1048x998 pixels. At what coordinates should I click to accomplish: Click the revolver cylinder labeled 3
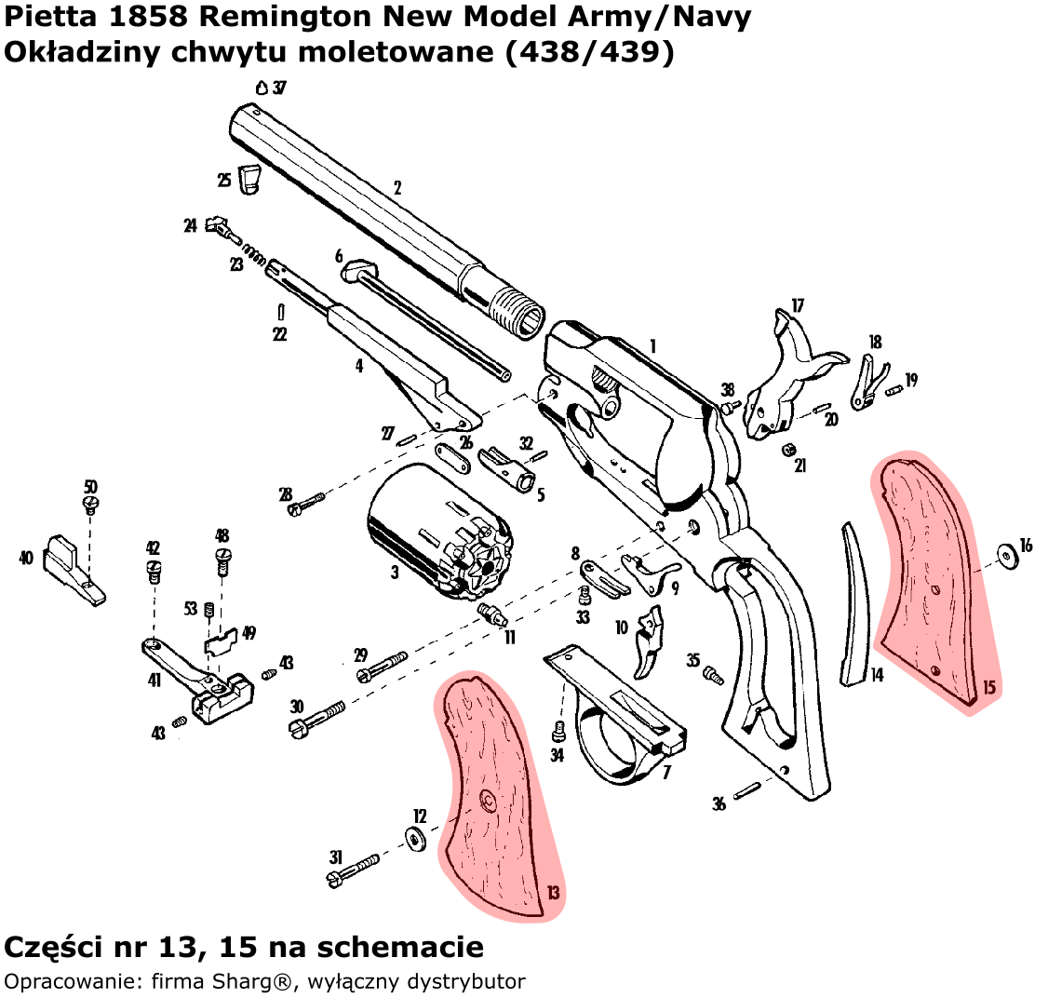click(x=437, y=531)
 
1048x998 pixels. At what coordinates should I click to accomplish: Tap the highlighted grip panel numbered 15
click(x=926, y=577)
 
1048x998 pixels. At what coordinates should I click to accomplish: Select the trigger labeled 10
click(x=649, y=642)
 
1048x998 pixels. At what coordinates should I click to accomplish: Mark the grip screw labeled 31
click(x=353, y=868)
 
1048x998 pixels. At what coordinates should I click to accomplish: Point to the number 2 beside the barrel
click(x=397, y=188)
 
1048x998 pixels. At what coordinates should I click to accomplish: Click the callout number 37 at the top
click(x=279, y=88)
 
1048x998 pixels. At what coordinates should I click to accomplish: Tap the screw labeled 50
click(x=90, y=504)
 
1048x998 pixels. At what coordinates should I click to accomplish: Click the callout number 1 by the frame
click(x=653, y=345)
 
